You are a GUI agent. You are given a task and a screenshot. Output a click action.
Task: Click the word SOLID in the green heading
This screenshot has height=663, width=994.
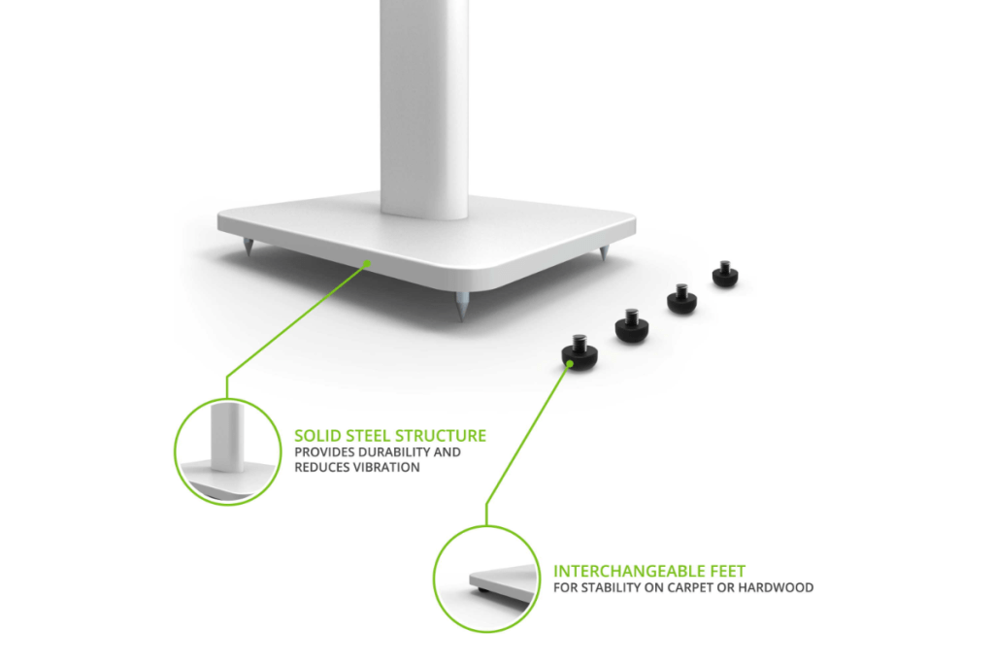[316, 436]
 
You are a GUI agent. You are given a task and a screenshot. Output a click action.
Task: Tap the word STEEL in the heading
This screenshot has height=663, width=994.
[369, 436]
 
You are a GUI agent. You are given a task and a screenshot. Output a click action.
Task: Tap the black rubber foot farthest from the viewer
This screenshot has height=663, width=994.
[725, 275]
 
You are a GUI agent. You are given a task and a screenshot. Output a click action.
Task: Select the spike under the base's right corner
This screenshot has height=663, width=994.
[603, 255]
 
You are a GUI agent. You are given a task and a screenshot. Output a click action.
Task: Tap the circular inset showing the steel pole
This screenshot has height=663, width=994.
[224, 451]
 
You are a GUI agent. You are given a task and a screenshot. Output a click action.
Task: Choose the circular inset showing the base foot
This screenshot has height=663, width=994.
[484, 580]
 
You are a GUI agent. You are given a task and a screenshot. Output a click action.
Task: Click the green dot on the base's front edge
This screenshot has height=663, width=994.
[366, 262]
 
